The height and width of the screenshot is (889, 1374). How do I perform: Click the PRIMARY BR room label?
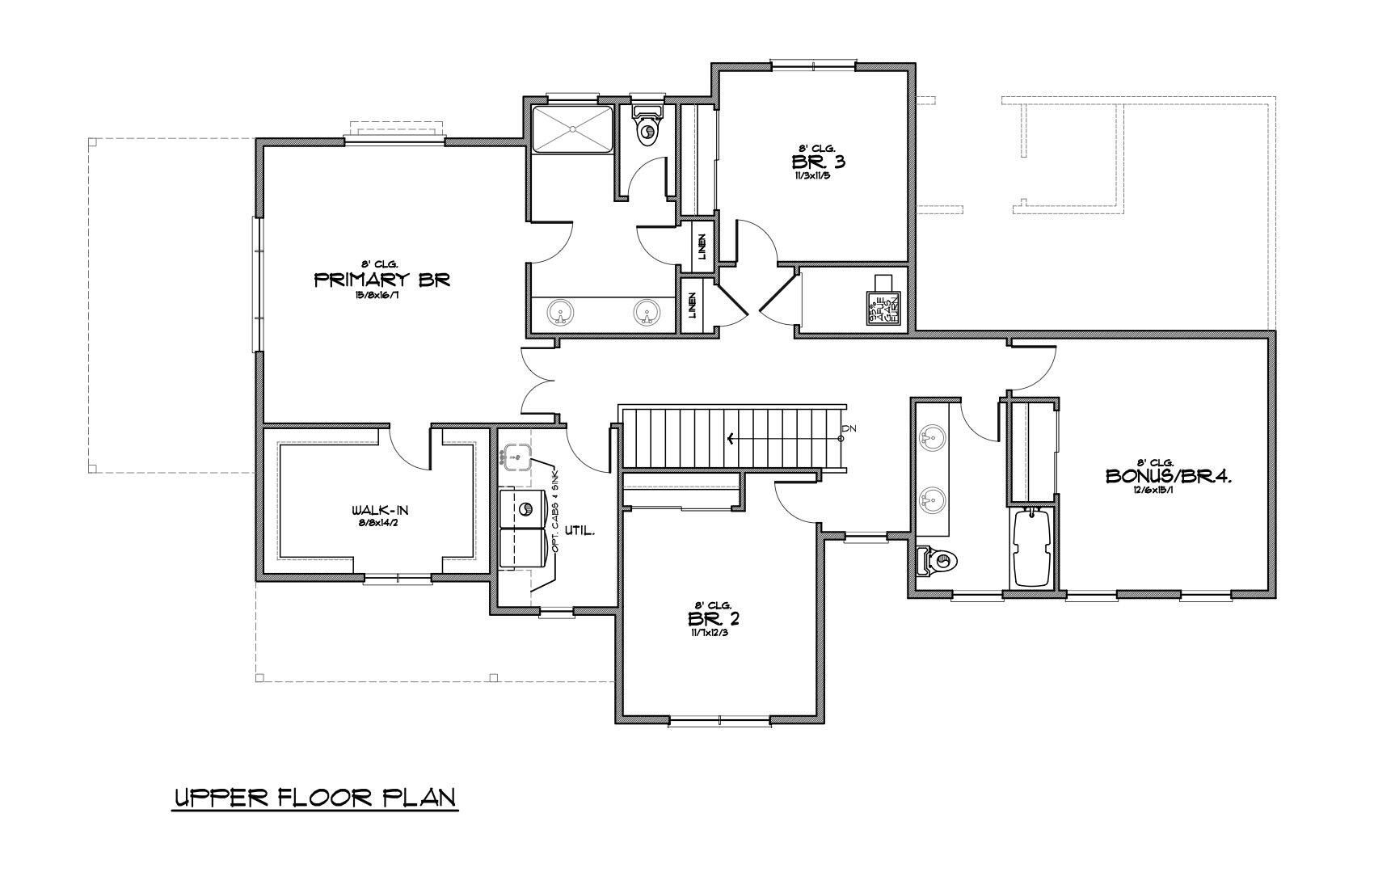[x=381, y=280]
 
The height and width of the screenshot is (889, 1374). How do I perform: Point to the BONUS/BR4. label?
[x=1168, y=477]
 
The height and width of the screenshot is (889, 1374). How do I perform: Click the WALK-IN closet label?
[x=376, y=511]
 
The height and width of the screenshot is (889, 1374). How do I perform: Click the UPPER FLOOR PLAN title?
[x=316, y=798]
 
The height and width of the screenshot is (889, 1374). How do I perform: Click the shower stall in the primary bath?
[x=572, y=128]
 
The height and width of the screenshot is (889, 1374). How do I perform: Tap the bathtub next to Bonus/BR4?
[x=1030, y=547]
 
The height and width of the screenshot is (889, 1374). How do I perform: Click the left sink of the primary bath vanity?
[x=558, y=311]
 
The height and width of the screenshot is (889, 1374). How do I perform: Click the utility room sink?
[x=514, y=456]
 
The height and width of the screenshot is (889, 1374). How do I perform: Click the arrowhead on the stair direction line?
[x=732, y=439]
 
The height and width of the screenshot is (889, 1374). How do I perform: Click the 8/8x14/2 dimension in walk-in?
[x=376, y=524]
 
